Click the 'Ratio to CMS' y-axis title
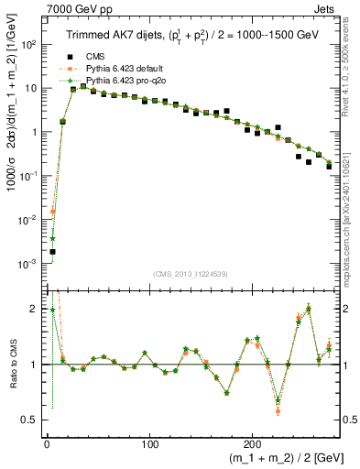point(12,365)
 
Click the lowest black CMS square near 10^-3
point(52,251)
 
